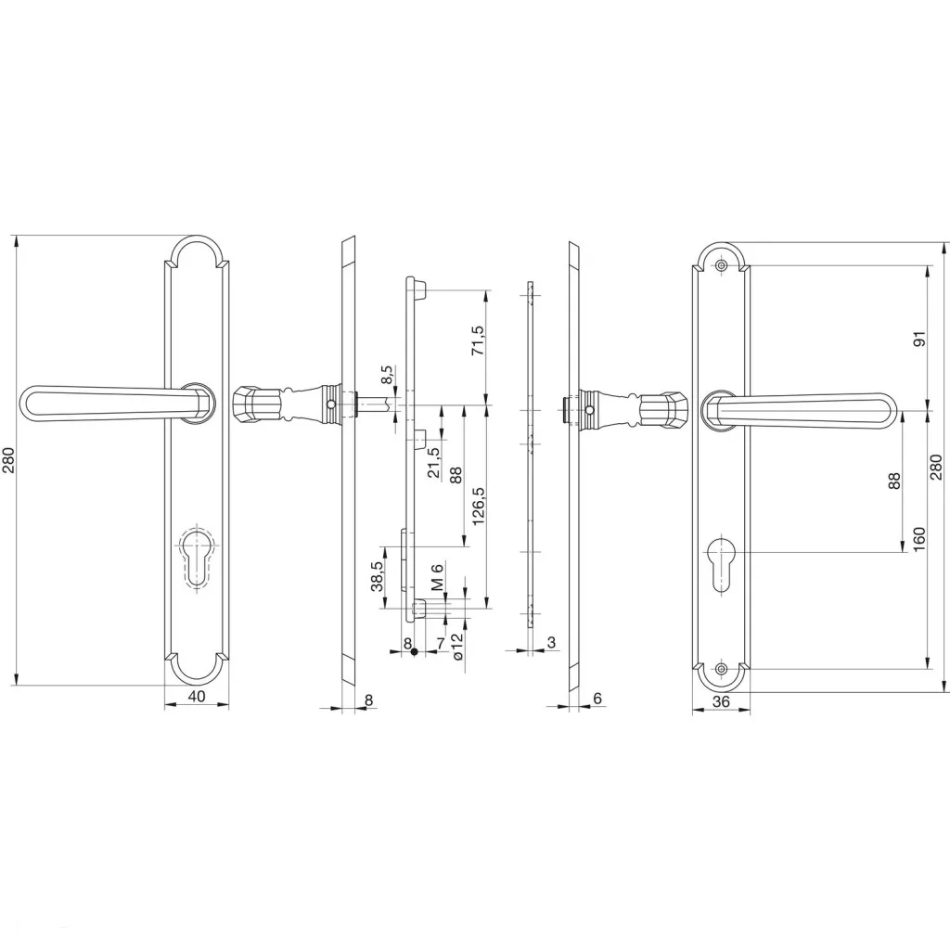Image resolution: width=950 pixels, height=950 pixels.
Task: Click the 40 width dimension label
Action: tap(196, 696)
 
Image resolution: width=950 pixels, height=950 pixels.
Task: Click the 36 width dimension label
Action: tap(721, 701)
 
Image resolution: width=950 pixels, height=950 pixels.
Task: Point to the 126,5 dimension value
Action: tap(479, 506)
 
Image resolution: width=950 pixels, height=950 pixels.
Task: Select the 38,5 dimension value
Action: tap(377, 576)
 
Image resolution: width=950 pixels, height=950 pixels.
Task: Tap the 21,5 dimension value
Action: tap(434, 462)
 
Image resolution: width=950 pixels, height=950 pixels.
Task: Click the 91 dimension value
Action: tap(919, 338)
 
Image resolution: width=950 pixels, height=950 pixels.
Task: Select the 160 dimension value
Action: tap(919, 539)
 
